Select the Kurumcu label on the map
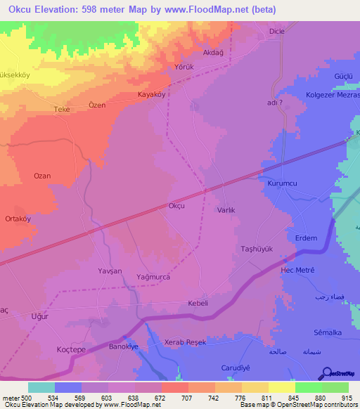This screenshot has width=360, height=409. click(283, 183)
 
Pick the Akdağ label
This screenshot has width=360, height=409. click(213, 52)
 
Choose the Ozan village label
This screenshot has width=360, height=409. click(42, 176)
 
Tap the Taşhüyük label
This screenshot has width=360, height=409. click(257, 249)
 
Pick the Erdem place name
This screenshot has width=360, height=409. click(306, 238)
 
